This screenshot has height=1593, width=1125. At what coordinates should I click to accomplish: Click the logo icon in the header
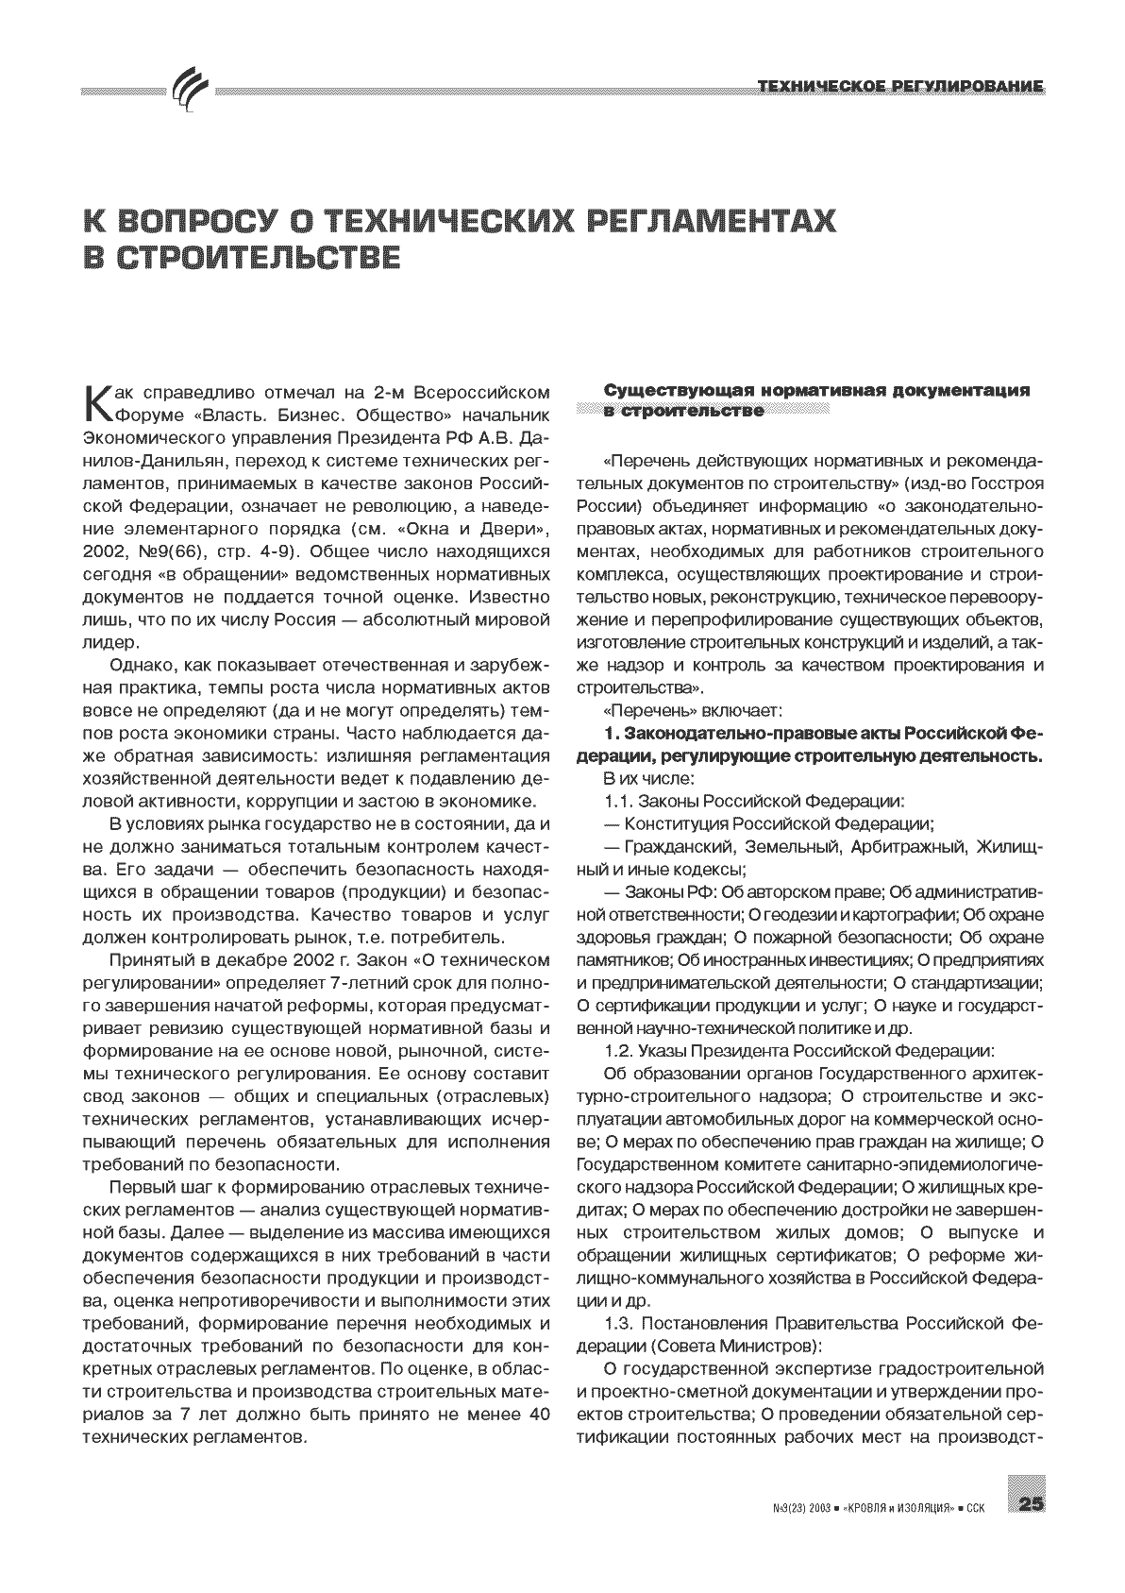click(x=192, y=92)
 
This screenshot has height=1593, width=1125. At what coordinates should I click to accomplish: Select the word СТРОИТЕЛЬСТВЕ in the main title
click(x=242, y=258)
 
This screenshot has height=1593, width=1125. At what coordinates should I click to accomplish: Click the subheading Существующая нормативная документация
click(x=815, y=391)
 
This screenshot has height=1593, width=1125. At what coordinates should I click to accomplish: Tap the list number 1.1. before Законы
click(x=618, y=802)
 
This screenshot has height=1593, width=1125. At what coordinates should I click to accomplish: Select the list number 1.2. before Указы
click(x=618, y=1051)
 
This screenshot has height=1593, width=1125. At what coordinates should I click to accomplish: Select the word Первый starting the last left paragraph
click(x=138, y=1187)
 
